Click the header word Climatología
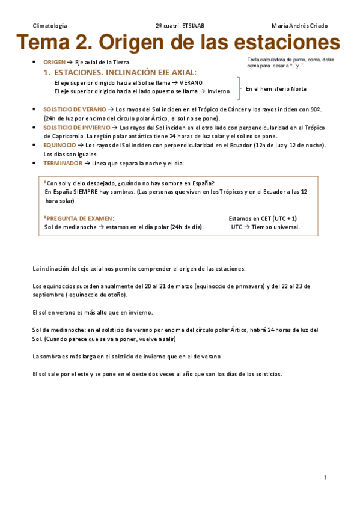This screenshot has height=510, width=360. coord(50,26)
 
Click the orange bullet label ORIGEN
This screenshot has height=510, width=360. coord(55,63)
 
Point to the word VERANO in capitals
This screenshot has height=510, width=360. coord(191,82)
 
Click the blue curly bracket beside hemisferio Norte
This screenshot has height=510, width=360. coord(240,87)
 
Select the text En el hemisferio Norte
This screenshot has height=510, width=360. coord(276,89)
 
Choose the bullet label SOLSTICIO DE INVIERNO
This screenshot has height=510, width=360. coord(76,127)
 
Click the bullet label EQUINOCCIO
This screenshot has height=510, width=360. coord(59,145)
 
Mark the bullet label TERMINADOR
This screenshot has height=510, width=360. coord(62,163)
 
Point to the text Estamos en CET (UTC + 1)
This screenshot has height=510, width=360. coord(263,218)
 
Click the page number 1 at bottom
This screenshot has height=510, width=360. coord(325,478)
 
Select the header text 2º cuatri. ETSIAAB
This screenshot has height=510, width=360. coord(180,26)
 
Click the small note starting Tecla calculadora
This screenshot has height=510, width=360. coord(291,63)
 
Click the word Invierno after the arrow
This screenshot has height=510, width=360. coord(218,91)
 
